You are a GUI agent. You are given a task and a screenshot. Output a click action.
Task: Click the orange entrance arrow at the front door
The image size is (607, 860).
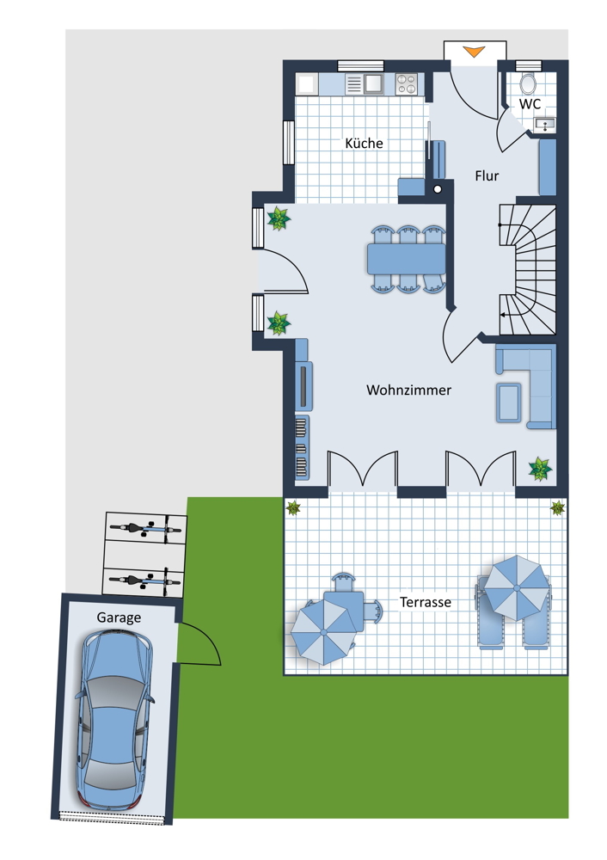tap(474, 52)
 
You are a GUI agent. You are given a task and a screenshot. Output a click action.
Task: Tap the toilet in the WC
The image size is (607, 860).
tap(528, 83)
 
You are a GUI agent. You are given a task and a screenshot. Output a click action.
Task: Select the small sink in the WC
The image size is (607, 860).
tap(545, 125)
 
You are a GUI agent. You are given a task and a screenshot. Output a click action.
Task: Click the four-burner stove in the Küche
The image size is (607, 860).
tap(407, 84)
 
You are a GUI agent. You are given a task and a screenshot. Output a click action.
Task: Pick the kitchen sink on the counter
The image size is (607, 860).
tap(374, 84)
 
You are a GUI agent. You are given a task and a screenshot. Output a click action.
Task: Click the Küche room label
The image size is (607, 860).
tap(364, 143)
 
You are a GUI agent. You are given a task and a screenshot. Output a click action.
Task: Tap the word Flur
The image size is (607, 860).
tap(487, 176)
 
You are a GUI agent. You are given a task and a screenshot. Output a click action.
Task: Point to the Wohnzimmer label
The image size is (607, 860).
tap(409, 390)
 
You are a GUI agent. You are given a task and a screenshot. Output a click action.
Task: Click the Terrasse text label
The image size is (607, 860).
tap(426, 602)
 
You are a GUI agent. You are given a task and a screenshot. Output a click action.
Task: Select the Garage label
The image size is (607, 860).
tap(119, 617)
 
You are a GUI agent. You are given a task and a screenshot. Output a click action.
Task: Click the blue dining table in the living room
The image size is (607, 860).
tap(407, 259)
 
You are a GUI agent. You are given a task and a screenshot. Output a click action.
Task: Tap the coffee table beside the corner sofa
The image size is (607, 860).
tap(509, 402)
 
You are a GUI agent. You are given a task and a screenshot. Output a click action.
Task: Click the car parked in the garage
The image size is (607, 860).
tap(115, 720)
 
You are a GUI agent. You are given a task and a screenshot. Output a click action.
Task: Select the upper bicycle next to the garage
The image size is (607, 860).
tap(145, 530)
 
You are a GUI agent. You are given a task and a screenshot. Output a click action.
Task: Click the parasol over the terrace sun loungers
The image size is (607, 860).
tap(517, 588)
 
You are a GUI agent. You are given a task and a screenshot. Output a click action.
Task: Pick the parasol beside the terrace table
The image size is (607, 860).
tap(323, 632)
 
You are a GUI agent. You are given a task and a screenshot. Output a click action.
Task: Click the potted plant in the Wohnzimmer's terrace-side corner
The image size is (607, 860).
tap(540, 469)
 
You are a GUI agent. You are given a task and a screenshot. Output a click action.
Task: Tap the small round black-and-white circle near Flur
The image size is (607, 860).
tap(438, 189)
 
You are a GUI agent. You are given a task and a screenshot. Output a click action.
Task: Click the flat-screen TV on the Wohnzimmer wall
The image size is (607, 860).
tap(303, 385)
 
